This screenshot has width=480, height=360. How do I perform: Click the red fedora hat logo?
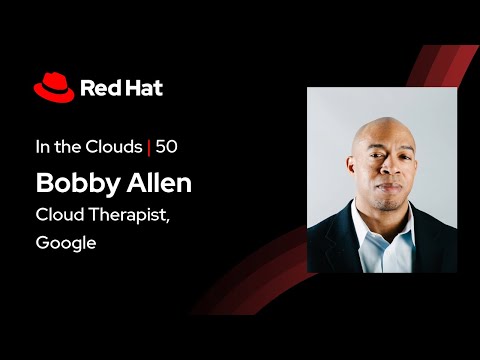(x=54, y=88)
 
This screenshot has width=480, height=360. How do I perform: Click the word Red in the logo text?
(x=99, y=88)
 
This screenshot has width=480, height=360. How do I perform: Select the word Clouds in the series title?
(x=114, y=148)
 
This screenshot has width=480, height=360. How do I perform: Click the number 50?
(x=167, y=148)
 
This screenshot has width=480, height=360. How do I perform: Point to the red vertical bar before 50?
(x=149, y=148)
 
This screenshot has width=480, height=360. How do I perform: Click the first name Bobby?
(x=74, y=184)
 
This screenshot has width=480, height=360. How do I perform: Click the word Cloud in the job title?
(x=58, y=214)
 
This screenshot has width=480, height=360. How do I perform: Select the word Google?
(x=65, y=243)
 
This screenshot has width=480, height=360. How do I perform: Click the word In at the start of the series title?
(x=42, y=148)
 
